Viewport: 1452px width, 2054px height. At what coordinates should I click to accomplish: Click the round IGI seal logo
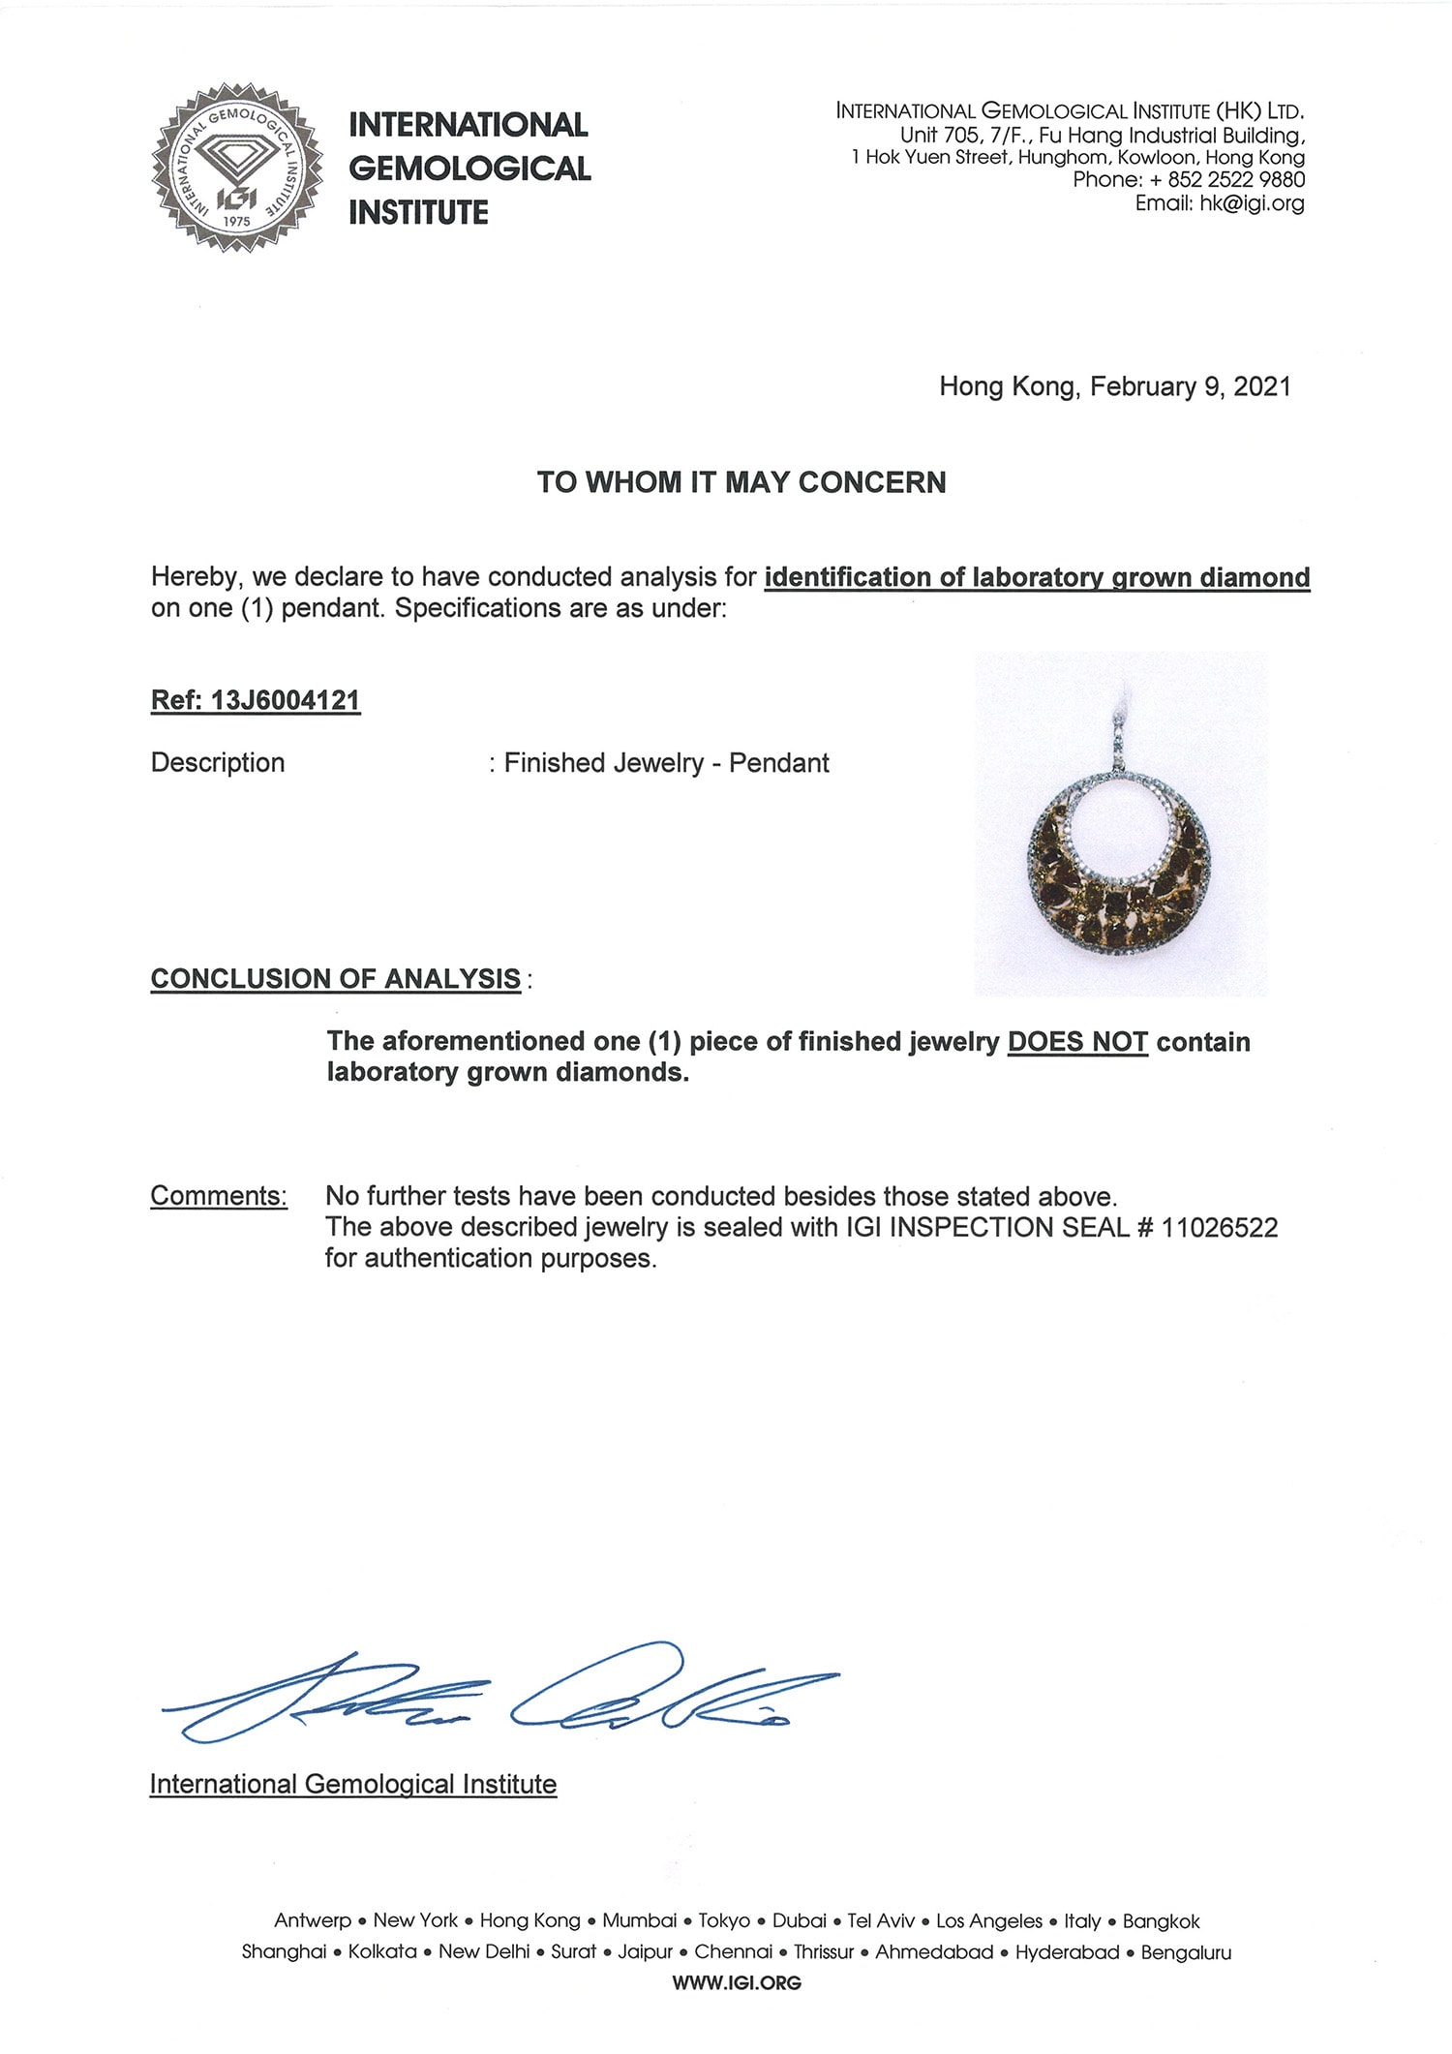[236, 167]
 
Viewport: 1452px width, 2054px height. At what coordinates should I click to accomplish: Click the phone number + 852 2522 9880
[1226, 180]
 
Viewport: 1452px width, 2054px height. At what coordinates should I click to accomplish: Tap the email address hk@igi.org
[1252, 203]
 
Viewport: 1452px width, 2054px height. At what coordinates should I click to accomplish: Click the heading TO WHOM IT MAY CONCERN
[741, 482]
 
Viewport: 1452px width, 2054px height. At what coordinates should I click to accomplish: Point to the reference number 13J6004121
[285, 700]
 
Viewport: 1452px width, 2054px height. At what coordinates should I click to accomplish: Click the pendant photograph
[1121, 824]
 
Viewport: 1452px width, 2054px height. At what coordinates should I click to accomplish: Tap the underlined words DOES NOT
[1077, 1042]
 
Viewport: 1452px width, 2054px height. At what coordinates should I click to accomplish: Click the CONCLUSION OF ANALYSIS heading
[335, 979]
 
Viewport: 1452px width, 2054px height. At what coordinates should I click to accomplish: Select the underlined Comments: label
[219, 1196]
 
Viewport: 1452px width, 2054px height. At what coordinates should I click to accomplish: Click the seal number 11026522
[1219, 1228]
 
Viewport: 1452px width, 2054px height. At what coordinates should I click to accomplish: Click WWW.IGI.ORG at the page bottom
[737, 1983]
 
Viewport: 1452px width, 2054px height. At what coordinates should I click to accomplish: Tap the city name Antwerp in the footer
[313, 1921]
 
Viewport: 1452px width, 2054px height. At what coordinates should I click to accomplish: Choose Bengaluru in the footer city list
[1186, 1952]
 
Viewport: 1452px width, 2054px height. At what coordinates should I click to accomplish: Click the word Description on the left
[218, 763]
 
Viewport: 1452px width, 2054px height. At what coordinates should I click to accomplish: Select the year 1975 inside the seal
[236, 222]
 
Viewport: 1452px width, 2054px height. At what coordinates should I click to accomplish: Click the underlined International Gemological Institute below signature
[353, 1784]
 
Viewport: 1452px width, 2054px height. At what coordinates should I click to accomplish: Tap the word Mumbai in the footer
[639, 1921]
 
